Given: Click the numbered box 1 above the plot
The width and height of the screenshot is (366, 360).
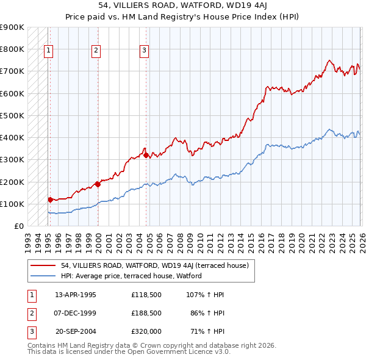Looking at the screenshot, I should click(x=49, y=51).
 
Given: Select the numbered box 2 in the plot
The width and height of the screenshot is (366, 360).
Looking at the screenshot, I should click(x=96, y=51).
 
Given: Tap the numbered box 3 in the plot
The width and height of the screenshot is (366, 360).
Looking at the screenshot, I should click(x=145, y=51).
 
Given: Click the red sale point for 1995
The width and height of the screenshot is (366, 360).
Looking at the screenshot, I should click(x=50, y=200).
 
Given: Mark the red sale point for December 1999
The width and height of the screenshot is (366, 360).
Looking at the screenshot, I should click(x=97, y=184).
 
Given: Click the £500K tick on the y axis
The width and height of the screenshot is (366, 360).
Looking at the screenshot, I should click(x=12, y=115).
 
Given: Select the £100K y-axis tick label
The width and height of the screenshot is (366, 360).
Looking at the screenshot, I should click(x=12, y=204).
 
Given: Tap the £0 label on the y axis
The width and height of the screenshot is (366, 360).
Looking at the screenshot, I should click(x=18, y=226).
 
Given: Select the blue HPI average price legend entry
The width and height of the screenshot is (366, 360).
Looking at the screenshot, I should click(x=131, y=276).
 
